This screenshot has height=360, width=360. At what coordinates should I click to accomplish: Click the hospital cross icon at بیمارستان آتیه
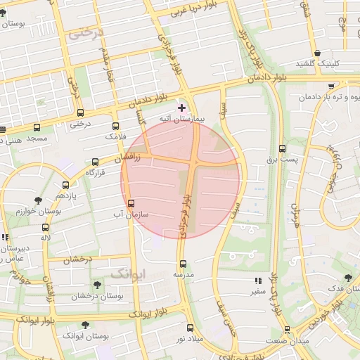182,108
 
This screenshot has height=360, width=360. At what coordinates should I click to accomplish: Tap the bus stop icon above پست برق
283,149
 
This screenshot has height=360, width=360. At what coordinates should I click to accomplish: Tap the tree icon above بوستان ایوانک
86,326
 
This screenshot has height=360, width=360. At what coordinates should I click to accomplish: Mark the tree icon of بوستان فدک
347,278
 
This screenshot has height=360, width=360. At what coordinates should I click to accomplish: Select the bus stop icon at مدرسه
183,264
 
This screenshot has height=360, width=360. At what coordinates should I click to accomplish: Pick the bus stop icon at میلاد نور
190,328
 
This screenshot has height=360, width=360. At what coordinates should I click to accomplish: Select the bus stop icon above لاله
46,228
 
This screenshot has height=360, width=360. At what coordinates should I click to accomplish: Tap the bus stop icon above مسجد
37,127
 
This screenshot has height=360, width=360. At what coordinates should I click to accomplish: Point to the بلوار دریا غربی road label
171,10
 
